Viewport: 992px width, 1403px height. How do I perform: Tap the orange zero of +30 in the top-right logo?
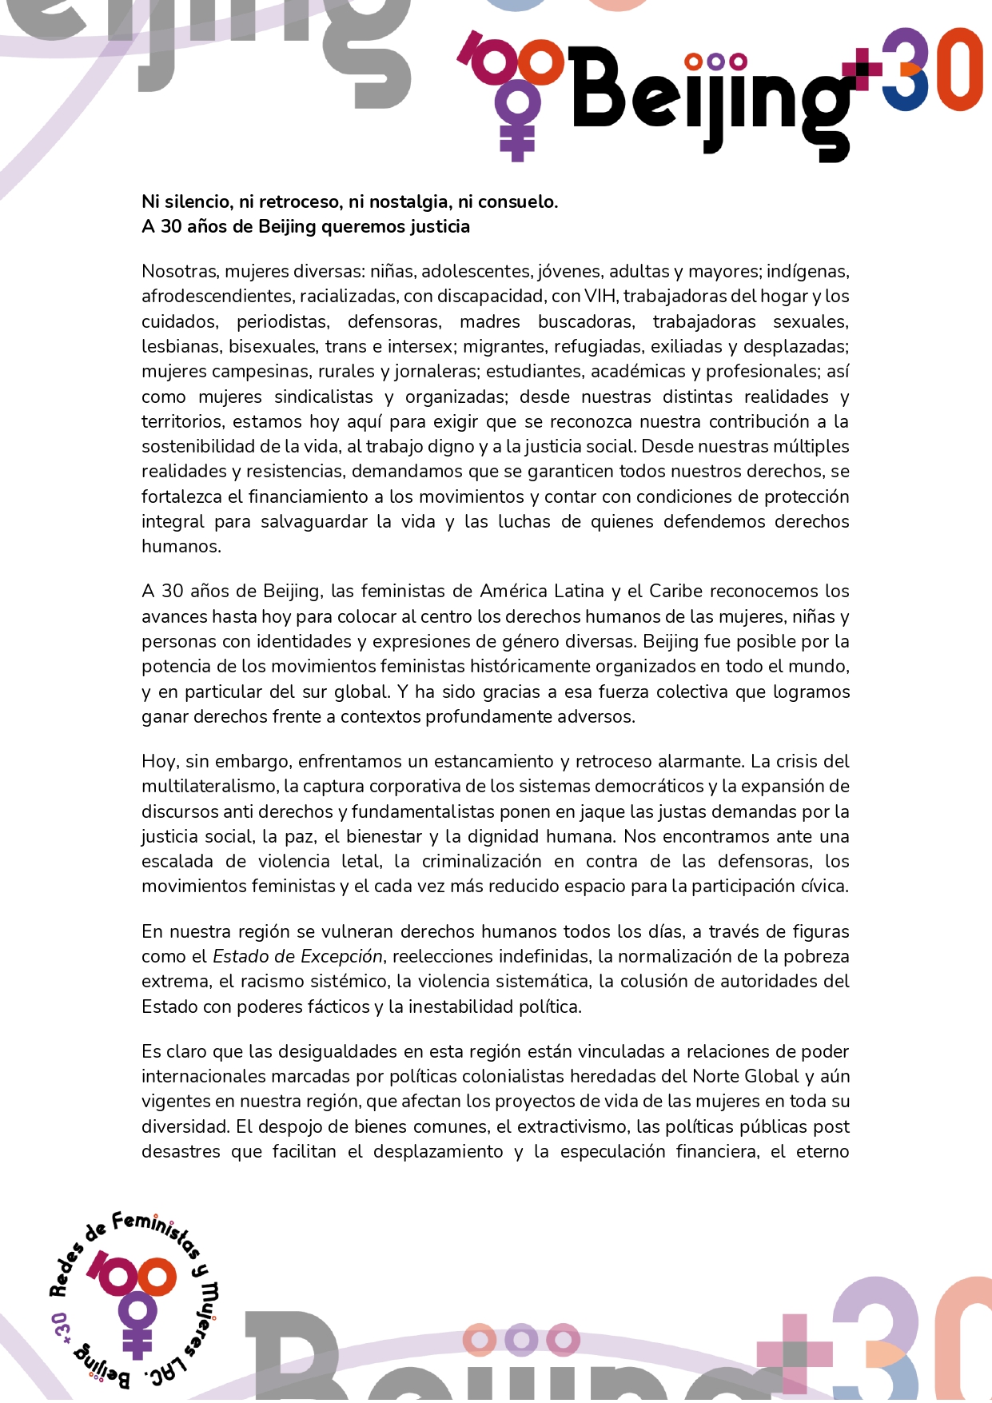pyautogui.click(x=959, y=70)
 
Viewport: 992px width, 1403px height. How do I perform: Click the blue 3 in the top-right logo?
pyautogui.click(x=906, y=70)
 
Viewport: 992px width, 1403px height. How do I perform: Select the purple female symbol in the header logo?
pyautogui.click(x=517, y=120)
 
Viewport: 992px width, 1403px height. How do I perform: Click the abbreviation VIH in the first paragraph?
pyautogui.click(x=600, y=297)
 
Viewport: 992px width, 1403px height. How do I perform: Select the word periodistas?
pyautogui.click(x=283, y=322)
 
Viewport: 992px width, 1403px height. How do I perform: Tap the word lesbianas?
pyautogui.click(x=181, y=347)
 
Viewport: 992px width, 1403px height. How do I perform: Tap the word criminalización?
pyautogui.click(x=482, y=862)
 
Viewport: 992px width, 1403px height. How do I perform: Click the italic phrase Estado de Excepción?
pyautogui.click(x=297, y=957)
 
